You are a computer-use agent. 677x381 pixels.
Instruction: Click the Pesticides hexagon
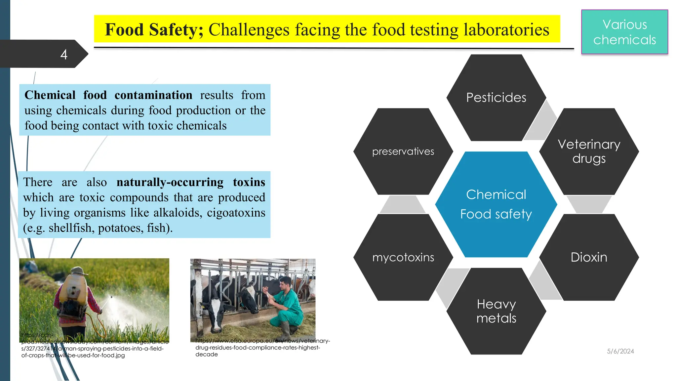pos(496,98)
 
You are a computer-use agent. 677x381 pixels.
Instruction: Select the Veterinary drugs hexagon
pos(589,151)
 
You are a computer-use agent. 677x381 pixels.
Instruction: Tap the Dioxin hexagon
pos(589,257)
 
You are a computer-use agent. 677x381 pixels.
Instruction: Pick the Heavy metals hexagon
pos(496,311)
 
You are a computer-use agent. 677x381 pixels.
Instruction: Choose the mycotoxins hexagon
pos(403,257)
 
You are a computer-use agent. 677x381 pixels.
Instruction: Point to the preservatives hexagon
pos(403,151)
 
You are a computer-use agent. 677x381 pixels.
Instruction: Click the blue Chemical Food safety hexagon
pos(496,204)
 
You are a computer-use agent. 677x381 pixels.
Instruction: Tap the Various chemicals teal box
pos(624,32)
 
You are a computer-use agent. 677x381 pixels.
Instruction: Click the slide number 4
pos(64,54)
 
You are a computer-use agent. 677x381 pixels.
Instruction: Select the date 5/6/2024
pos(620,351)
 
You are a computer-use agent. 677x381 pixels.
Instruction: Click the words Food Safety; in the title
pos(154,29)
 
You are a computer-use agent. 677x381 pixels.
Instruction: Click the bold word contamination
pos(153,95)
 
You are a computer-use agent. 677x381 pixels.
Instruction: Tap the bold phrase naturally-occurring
pos(170,182)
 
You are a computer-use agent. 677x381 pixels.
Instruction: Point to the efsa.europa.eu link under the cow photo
pos(262,341)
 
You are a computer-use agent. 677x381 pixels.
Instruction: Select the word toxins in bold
pos(249,182)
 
